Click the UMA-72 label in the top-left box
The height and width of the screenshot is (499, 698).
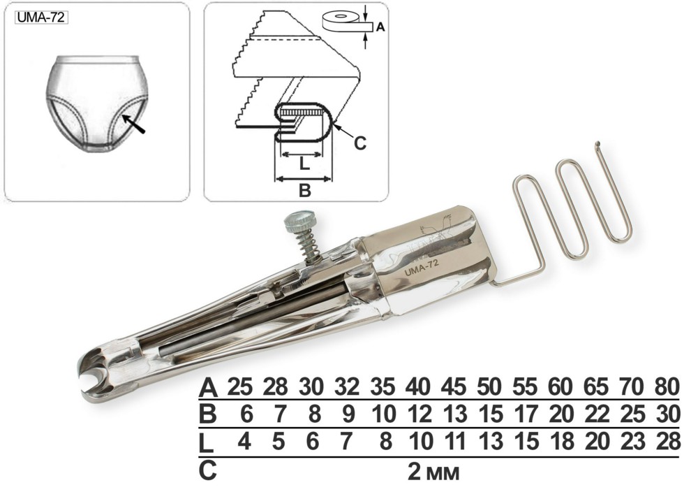[x=41, y=17]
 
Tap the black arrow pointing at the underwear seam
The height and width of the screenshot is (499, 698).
[x=133, y=124]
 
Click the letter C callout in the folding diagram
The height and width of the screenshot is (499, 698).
[x=359, y=143]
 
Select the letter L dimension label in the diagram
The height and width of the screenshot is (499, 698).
[x=304, y=164]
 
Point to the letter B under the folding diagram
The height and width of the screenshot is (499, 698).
[x=304, y=191]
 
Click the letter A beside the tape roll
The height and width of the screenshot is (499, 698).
[x=380, y=27]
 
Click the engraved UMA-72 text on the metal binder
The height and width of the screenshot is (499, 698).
[x=422, y=268]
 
